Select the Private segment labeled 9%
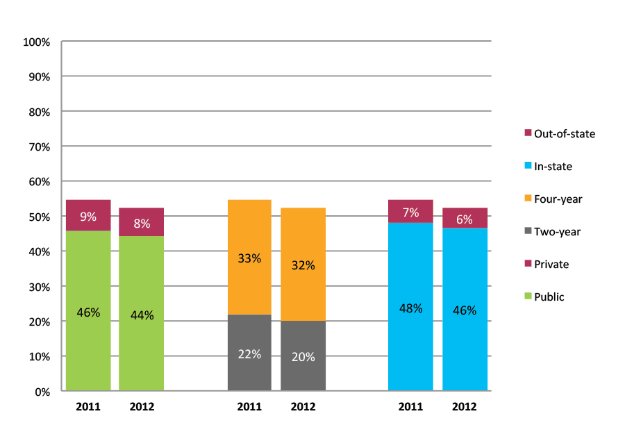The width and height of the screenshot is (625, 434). pos(88,215)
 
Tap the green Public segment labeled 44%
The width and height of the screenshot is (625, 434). pos(141,314)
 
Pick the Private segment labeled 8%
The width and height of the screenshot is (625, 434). pos(141,222)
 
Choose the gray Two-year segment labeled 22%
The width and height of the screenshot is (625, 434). pos(249,353)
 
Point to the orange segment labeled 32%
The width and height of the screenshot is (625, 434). pos(303,265)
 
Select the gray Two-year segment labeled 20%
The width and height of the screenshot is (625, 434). pos(303,356)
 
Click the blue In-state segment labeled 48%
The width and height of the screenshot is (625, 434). pos(410,307)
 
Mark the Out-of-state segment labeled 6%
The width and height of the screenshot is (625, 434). pos(465,218)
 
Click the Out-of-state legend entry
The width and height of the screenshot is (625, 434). pos(560,133)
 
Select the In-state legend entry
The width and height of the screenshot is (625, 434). pos(549,166)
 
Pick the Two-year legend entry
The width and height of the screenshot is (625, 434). pos(553,232)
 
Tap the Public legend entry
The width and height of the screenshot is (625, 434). pos(544,297)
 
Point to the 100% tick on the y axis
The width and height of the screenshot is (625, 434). pos(37,42)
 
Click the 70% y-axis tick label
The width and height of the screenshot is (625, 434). pos(39,147)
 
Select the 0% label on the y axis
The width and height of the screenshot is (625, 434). pos(42,392)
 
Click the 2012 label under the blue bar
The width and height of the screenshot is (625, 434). pos(465,407)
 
